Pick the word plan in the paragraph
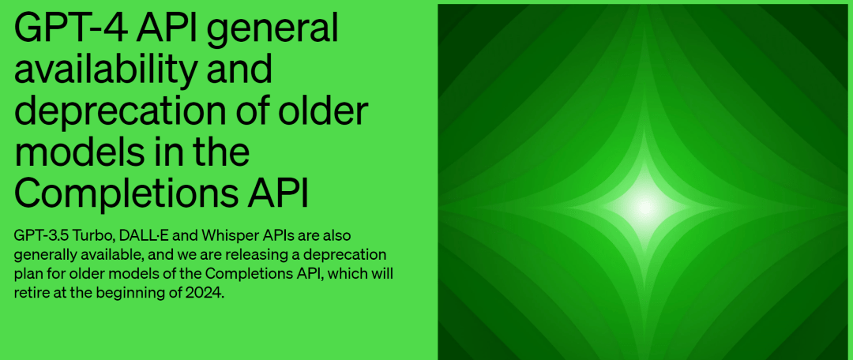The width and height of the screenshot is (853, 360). tap(28, 274)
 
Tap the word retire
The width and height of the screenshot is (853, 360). tap(33, 293)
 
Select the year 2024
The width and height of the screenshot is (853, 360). tap(206, 293)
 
